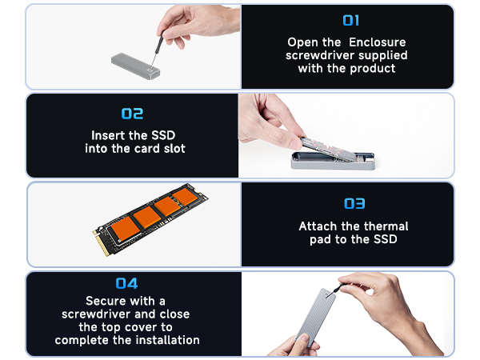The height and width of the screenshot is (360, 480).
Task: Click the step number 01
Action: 350,20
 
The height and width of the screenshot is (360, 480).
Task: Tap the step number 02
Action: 132,114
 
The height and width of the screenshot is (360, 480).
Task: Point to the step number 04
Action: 126,283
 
